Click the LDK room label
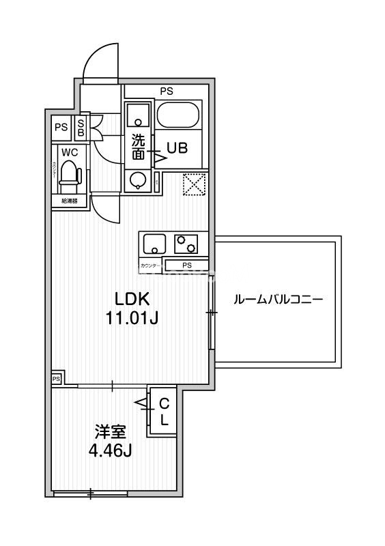(x=132, y=299)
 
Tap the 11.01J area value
(x=132, y=318)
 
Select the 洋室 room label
(x=110, y=431)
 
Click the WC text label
(x=69, y=152)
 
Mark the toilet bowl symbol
(x=69, y=175)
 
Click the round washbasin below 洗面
(x=139, y=180)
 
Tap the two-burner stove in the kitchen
(x=186, y=242)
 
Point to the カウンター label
(x=150, y=265)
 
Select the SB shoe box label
(x=81, y=128)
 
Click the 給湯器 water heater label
(x=69, y=201)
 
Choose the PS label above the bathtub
(x=167, y=90)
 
